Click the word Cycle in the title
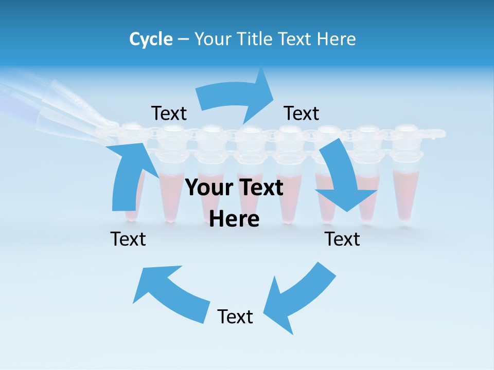tap(151, 39)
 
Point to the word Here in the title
tap(337, 39)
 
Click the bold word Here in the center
tap(234, 219)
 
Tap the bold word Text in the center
tap(260, 188)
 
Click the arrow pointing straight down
tap(342, 180)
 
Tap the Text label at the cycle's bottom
tap(235, 317)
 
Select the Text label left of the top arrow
tap(169, 114)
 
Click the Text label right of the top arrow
tap(302, 114)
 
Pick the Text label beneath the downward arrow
tap(342, 239)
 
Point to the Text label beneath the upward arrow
tap(128, 239)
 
